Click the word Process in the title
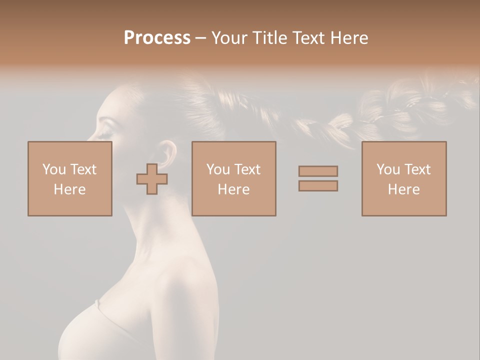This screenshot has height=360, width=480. tap(157, 38)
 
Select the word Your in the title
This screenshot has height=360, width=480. tap(229, 38)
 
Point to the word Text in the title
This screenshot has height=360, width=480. tap(308, 38)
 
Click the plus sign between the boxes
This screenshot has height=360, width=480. tap(152, 179)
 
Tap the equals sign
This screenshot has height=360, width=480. tap(318, 178)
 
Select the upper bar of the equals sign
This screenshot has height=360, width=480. tap(318, 171)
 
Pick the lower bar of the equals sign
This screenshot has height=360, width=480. tap(318, 185)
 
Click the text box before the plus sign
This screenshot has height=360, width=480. tap(70, 178)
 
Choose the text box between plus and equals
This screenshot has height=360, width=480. tap(233, 178)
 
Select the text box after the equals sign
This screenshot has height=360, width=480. tap(403, 178)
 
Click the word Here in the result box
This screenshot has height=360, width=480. tap(403, 189)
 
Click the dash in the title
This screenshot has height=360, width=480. tap(201, 38)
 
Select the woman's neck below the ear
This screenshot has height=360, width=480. tap(160, 220)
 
